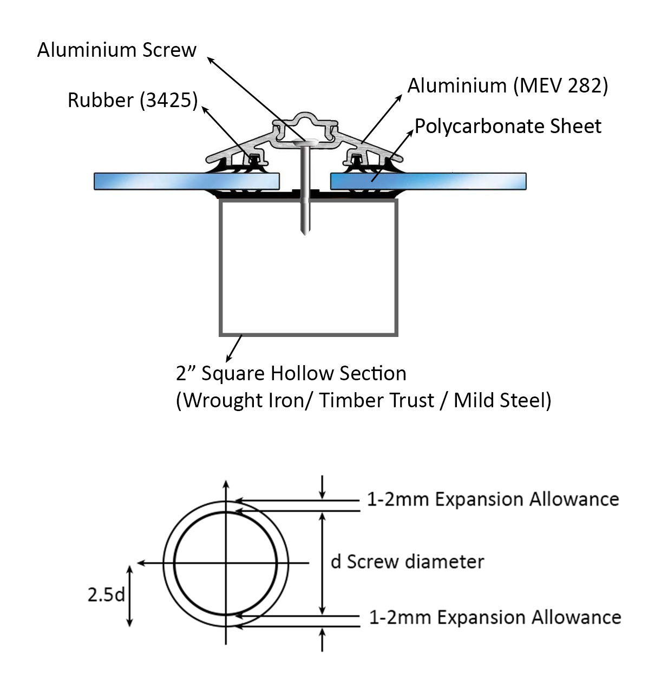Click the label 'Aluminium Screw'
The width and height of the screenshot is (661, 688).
pos(116,50)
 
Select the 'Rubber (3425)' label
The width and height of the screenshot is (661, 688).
pos(133,101)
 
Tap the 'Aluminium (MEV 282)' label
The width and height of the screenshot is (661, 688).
pos(507,86)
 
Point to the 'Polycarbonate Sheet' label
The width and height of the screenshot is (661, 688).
pos(508,127)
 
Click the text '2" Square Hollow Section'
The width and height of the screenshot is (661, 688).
pos(291,374)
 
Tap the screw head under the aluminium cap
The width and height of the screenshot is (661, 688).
pos(305,142)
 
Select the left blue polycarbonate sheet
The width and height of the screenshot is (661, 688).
pos(186,181)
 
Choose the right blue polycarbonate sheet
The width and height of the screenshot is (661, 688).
pos(428,181)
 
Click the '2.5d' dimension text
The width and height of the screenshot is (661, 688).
pos(106,595)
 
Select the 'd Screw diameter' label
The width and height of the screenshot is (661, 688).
pos(407,562)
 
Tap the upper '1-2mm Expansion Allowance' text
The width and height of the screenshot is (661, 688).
pos(493,499)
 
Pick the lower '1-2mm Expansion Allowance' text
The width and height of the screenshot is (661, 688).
pos(495,617)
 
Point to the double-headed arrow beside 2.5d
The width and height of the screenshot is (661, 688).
pos(129,596)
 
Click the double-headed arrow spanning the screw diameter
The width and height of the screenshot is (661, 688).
pos(323,563)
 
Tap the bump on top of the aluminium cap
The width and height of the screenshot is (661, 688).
pos(305,117)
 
